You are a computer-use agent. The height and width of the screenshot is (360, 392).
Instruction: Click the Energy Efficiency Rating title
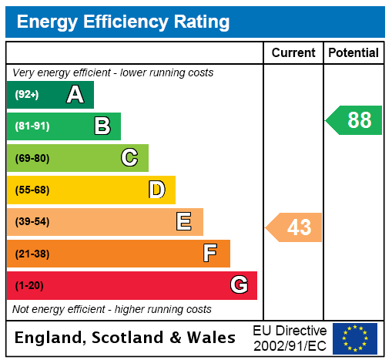(x=123, y=22)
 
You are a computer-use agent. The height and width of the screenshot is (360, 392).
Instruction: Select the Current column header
(x=293, y=53)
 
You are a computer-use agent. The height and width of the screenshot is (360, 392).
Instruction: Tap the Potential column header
(x=353, y=53)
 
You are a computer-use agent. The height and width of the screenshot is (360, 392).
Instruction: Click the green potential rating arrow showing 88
(x=355, y=120)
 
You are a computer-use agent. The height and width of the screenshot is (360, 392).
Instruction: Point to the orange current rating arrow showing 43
(x=295, y=227)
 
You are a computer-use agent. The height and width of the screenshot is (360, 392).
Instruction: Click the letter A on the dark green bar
(x=75, y=95)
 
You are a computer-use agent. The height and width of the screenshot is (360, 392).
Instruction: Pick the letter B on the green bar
(x=102, y=126)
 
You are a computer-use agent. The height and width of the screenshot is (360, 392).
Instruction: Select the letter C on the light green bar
(x=129, y=158)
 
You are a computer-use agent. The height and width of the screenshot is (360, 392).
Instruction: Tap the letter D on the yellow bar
(x=156, y=190)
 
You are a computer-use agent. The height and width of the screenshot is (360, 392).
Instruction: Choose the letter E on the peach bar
(x=183, y=222)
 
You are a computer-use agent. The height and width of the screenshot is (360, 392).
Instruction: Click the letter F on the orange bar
(x=210, y=254)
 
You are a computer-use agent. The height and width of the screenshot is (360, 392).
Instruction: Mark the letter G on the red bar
(x=239, y=285)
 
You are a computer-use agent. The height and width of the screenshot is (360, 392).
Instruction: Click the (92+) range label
(x=26, y=95)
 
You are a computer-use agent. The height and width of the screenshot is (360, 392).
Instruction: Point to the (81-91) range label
(x=32, y=126)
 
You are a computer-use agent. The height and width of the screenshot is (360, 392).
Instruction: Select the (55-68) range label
(x=32, y=190)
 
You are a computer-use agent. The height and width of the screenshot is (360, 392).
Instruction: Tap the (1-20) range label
(x=29, y=285)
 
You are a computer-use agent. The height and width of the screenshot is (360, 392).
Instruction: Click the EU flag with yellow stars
(x=355, y=338)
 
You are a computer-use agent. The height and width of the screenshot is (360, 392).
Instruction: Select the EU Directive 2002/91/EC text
(x=289, y=338)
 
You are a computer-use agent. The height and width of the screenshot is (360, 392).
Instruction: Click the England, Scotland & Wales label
(x=125, y=338)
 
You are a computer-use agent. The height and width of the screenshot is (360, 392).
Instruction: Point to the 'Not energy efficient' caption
(x=112, y=309)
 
